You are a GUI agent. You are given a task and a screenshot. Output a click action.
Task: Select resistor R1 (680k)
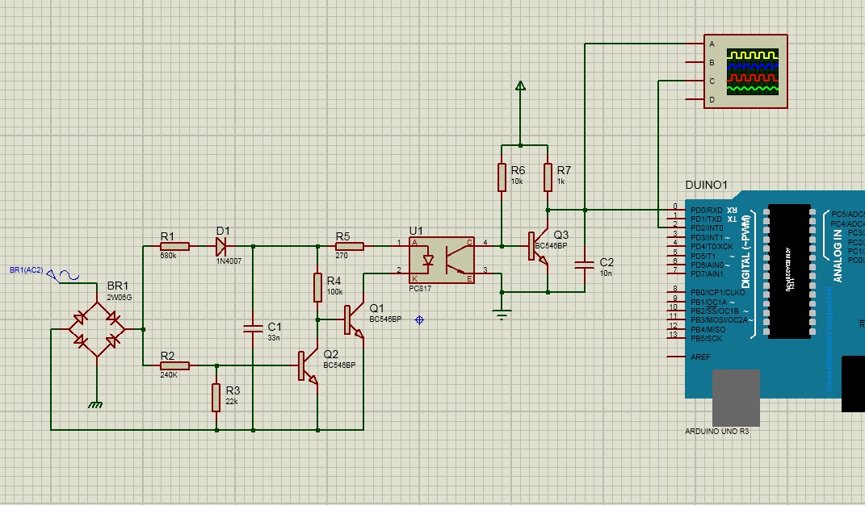click(174, 246)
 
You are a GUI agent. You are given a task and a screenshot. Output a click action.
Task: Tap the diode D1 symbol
click(221, 246)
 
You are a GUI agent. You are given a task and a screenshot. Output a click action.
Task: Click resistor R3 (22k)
click(216, 398)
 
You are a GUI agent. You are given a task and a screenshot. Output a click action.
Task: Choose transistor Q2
click(308, 365)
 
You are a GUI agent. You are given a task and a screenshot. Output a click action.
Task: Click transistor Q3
click(539, 248)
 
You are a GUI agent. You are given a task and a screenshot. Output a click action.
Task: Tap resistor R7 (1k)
click(548, 178)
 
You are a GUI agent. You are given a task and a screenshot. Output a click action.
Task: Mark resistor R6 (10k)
click(502, 178)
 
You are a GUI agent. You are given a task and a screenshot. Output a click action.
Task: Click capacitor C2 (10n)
click(582, 264)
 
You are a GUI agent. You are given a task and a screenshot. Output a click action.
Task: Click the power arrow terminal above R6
click(520, 86)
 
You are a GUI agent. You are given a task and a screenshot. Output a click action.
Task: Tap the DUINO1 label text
click(706, 186)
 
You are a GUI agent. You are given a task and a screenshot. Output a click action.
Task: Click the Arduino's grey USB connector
click(736, 397)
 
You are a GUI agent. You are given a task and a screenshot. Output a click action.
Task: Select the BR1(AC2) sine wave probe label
click(27, 270)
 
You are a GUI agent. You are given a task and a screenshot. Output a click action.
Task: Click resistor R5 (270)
click(350, 246)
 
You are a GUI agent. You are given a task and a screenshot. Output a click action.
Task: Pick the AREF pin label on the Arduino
click(700, 357)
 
